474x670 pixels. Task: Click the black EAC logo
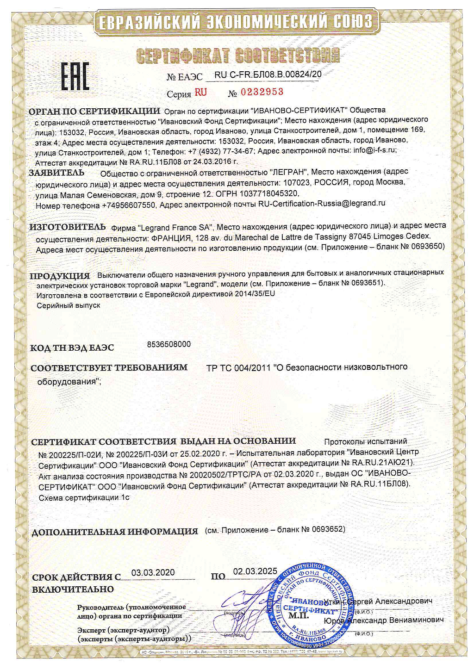tap(75, 76)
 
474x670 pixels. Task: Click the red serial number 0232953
tap(262, 92)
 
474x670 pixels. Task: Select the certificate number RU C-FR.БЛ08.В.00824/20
tap(268, 74)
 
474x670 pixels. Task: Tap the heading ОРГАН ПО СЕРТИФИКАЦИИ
tap(94, 112)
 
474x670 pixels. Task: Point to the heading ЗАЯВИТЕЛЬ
tap(56, 173)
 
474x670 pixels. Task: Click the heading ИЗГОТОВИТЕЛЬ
tap(68, 227)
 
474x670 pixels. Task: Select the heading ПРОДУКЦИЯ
tap(60, 276)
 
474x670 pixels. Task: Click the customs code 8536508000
tap(168, 344)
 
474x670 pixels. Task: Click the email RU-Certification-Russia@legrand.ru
tap(322, 203)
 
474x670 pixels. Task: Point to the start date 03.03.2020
tap(153, 572)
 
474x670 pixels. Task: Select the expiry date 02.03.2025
tap(255, 571)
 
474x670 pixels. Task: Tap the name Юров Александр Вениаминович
tap(384, 620)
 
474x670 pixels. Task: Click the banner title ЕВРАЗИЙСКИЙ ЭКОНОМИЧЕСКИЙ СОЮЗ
tap(236, 21)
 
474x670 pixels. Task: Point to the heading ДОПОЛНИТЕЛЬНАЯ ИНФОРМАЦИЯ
tap(114, 532)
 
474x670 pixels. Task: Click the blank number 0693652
tap(328, 529)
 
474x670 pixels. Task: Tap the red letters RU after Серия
tap(200, 92)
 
